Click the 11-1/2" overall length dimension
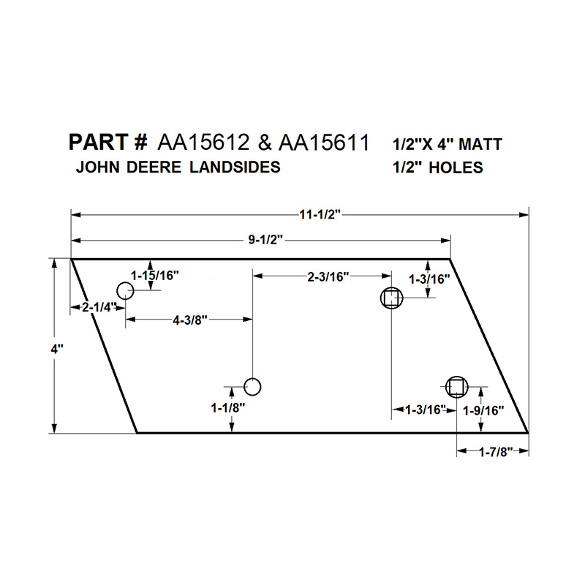pyautogui.click(x=320, y=215)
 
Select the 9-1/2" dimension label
pyautogui.click(x=265, y=240)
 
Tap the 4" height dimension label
pyautogui.click(x=57, y=350)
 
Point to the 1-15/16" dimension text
pyautogui.click(x=155, y=276)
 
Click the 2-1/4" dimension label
pyautogui.click(x=98, y=307)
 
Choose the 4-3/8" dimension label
pyautogui.click(x=190, y=320)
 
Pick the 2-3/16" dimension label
pyautogui.click(x=328, y=277)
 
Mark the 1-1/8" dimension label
pyautogui.click(x=228, y=408)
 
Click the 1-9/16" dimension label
pyautogui.click(x=483, y=410)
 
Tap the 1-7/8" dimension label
pyautogui.click(x=496, y=452)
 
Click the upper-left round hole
pyautogui.click(x=125, y=290)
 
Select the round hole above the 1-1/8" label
pyautogui.click(x=252, y=387)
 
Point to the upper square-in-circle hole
pyautogui.click(x=391, y=298)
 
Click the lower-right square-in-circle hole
pyautogui.click(x=456, y=387)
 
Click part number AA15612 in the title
pyautogui.click(x=203, y=143)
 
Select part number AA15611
pyautogui.click(x=324, y=143)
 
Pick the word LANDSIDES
pyautogui.click(x=235, y=167)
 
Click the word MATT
pyautogui.click(x=480, y=144)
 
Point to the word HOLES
pyautogui.click(x=456, y=168)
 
